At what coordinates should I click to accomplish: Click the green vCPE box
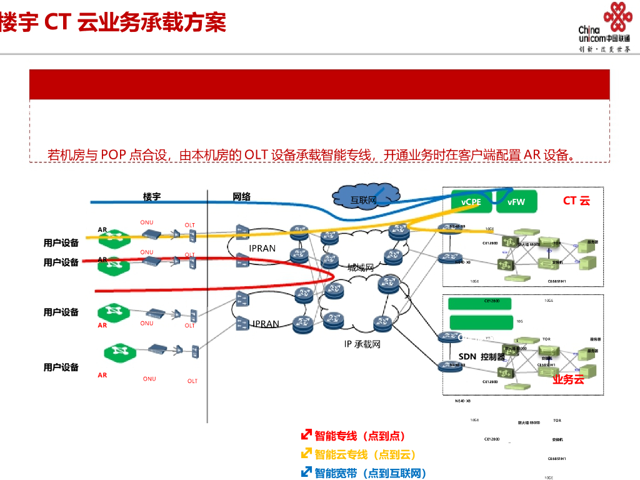[471, 202]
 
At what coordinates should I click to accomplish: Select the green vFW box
[516, 202]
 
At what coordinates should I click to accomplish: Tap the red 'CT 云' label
[576, 201]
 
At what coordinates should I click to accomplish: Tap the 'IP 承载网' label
[362, 344]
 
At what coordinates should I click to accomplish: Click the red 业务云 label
[567, 379]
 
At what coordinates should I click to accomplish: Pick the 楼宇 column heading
[152, 197]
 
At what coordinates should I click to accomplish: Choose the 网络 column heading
[242, 197]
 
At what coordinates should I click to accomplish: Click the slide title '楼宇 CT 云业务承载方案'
[113, 22]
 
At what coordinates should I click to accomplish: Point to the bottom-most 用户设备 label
[61, 367]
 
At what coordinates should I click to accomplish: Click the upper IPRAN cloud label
[262, 248]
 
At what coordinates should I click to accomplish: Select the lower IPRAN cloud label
[266, 324]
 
